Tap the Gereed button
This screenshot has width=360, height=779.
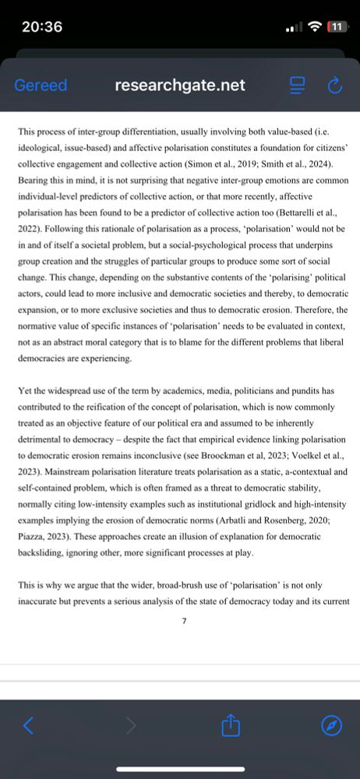[41, 86]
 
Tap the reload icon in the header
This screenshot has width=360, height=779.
[336, 86]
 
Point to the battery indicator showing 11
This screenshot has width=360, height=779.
[336, 26]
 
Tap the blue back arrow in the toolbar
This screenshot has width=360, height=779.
[28, 726]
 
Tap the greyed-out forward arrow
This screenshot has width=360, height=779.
[131, 726]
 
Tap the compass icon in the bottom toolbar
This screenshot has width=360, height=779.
[332, 726]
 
